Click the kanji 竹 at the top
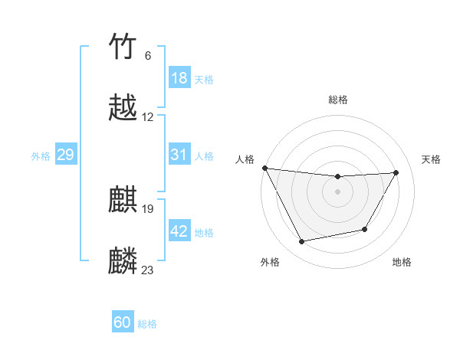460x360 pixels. tap(123, 47)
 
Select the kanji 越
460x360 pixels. tap(123, 108)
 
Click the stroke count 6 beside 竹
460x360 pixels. tap(147, 55)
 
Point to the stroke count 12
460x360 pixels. tap(148, 116)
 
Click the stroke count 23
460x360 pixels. tap(148, 270)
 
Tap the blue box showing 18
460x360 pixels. tap(179, 78)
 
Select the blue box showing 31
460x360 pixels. tap(179, 155)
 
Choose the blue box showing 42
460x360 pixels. tap(179, 231)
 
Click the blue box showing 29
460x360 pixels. tap(65, 155)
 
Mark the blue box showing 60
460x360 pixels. tap(123, 322)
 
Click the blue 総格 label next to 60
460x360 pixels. tap(147, 324)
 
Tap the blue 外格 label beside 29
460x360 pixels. tap(41, 156)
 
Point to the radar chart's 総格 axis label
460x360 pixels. tap(338, 100)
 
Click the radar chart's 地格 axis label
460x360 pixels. tap(402, 262)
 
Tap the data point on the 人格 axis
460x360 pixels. tap(264, 168)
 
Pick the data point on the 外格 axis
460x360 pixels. tap(301, 242)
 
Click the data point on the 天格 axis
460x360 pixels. tap(396, 172)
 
